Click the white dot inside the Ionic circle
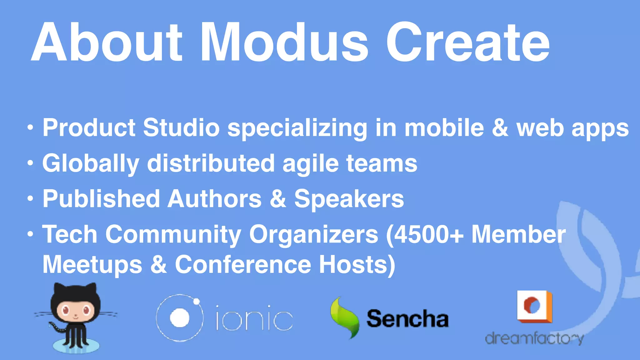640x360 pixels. tap(179, 318)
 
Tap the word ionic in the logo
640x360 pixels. tap(254, 318)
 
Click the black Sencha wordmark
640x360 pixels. tap(407, 319)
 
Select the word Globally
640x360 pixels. tap(91, 163)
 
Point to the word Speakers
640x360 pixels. tap(349, 199)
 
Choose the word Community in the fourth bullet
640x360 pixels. tap(173, 234)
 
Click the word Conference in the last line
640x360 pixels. tap(243, 264)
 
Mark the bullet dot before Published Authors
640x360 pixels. tap(30, 199)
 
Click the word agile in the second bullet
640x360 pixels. tap(311, 163)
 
